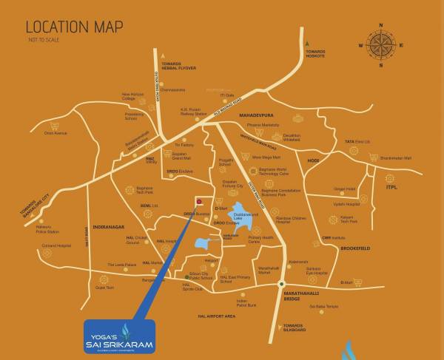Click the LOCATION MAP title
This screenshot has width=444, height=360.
[74, 27]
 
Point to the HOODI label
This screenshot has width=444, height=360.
[314, 160]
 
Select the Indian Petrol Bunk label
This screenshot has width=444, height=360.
[246, 302]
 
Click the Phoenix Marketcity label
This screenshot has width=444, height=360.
[262, 126]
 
